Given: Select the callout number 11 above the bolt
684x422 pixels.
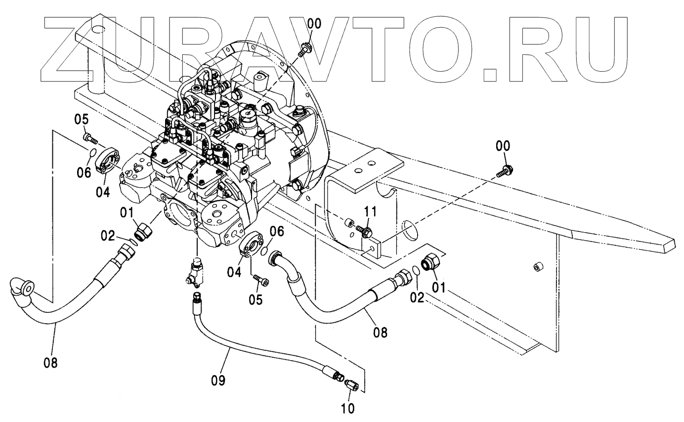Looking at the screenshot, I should tap(370, 212).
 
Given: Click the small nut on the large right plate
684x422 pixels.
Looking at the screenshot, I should tap(538, 267).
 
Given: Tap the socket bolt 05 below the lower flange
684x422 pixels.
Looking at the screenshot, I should tap(260, 280).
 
